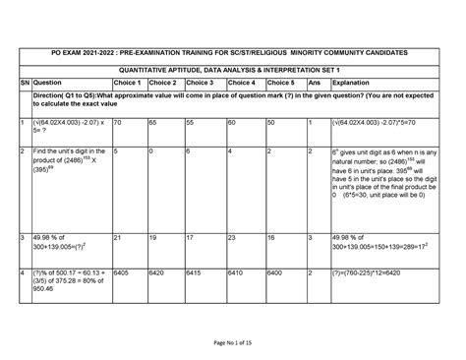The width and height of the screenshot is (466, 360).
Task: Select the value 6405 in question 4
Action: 122,270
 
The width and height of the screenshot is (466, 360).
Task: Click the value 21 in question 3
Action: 117,238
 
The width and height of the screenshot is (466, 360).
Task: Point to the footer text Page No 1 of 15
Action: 232,341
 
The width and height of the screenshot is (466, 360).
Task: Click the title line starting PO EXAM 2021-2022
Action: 232,51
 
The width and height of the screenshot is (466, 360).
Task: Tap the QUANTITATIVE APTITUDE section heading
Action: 233,71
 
